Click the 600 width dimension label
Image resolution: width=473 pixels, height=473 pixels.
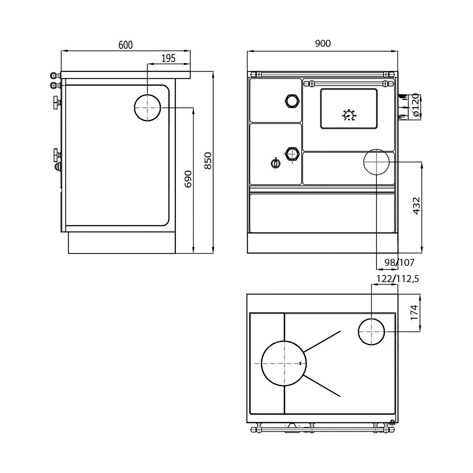tap(125, 45)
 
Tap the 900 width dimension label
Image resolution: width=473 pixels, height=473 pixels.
tap(323, 44)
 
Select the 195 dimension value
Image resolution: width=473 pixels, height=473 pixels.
tap(169, 58)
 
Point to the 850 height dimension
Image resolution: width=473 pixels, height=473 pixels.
tap(208, 160)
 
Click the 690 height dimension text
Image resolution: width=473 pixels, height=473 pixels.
tap(188, 179)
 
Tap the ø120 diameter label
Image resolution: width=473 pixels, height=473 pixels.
tap(415, 105)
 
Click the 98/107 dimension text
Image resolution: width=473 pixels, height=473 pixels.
tap(399, 263)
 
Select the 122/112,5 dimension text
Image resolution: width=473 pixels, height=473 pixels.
tap(398, 279)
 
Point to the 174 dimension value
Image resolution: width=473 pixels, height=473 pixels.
tap(414, 312)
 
